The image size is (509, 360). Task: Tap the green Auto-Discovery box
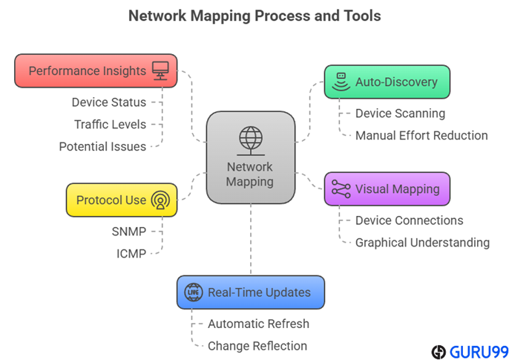(x=387, y=82)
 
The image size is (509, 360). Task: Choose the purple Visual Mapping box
(x=387, y=189)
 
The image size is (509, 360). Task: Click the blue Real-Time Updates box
(x=250, y=292)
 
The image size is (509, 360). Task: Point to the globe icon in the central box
(x=250, y=139)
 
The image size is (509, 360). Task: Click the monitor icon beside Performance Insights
(x=160, y=71)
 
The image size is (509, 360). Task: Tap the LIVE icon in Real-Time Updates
(x=193, y=292)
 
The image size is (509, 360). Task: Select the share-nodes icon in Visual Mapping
(x=341, y=189)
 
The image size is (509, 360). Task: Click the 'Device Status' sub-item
(x=109, y=102)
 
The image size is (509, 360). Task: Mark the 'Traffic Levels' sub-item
(x=110, y=125)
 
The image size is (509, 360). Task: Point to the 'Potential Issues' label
(x=102, y=146)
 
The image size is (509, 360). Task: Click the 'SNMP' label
(x=128, y=232)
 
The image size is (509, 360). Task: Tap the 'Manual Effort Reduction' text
(x=421, y=135)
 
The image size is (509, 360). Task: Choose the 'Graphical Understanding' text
(x=422, y=242)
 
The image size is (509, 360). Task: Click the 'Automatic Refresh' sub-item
(x=258, y=324)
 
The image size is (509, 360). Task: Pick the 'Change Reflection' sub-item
(x=257, y=345)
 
